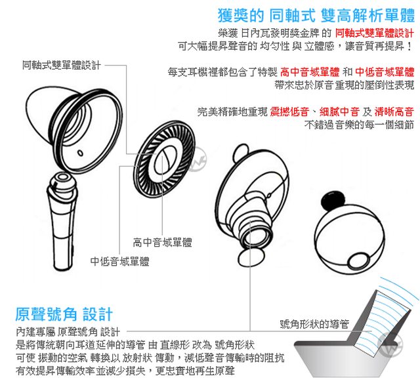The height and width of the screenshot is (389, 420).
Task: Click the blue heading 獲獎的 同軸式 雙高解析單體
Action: pyautogui.click(x=316, y=16)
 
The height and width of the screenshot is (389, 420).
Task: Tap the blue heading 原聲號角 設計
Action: pyautogui.click(x=64, y=314)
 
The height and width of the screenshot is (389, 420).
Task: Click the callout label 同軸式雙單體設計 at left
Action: pyautogui.click(x=61, y=65)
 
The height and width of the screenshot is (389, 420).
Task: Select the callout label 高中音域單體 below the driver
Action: pyautogui.click(x=162, y=242)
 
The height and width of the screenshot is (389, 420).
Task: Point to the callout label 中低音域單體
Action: pyautogui.click(x=119, y=261)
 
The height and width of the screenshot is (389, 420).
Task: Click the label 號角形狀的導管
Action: pyautogui.click(x=314, y=324)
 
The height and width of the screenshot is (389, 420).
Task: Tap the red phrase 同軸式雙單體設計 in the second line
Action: pyautogui.click(x=375, y=33)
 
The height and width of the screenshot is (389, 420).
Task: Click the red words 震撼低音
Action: pyautogui.click(x=289, y=112)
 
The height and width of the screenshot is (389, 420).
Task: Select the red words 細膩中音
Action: pyautogui.click(x=339, y=112)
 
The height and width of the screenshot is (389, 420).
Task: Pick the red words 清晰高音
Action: pyautogui.click(x=394, y=112)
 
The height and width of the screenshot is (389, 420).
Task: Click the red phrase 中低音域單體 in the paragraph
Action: pyautogui.click(x=385, y=72)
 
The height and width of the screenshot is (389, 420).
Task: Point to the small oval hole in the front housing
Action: pyautogui.click(x=80, y=153)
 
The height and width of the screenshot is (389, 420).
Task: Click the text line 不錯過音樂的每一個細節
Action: pyautogui.click(x=359, y=125)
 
